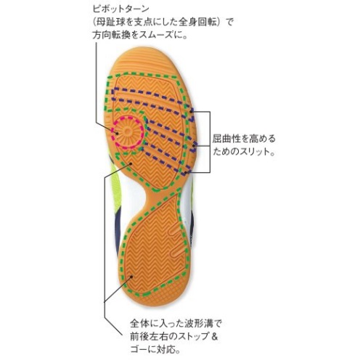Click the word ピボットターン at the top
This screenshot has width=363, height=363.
(121, 9)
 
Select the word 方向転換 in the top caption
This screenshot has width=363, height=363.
(112, 36)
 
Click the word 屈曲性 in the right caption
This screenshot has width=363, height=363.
(227, 139)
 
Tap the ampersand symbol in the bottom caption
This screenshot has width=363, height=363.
(214, 336)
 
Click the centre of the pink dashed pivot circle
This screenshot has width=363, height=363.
(128, 132)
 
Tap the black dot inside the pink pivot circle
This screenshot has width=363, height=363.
(117, 133)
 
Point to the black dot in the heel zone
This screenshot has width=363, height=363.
(131, 277)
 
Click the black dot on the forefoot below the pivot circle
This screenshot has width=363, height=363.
(131, 164)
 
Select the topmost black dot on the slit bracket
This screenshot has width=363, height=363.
(191, 111)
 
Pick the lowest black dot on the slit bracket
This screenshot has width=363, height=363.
(186, 173)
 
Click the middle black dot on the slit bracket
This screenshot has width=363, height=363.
(194, 146)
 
